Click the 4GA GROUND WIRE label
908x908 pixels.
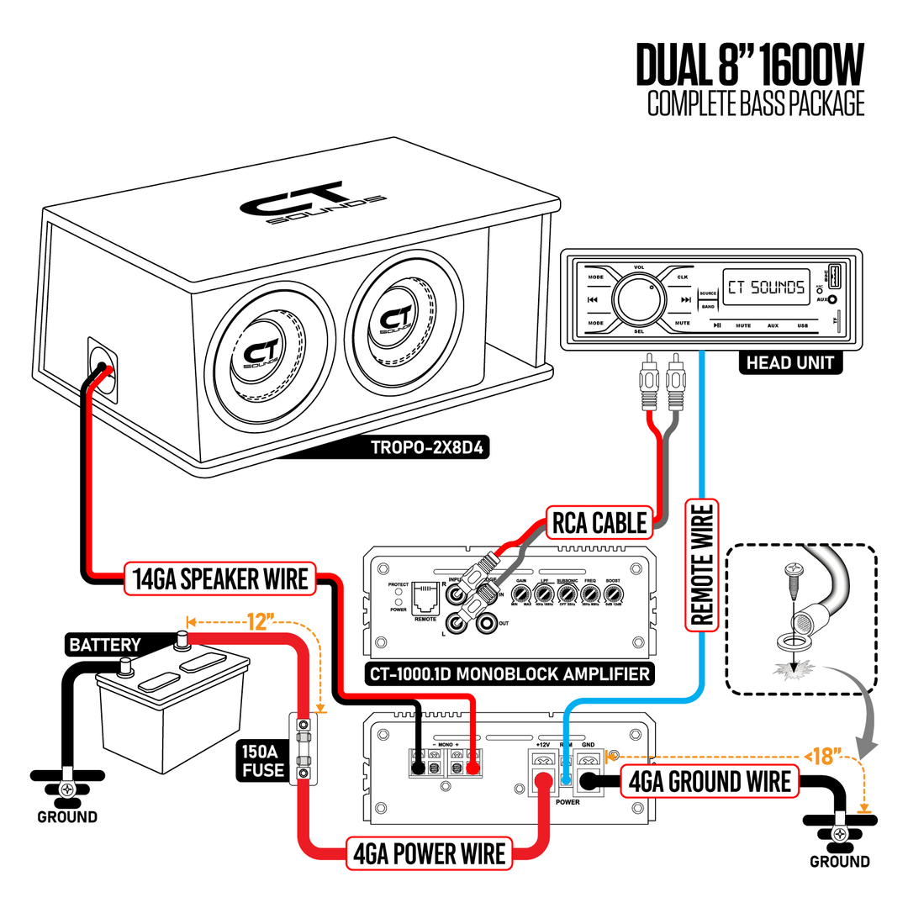709,782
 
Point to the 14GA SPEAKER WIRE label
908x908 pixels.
220,579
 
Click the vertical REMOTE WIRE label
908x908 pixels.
701,564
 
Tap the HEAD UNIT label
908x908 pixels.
789,362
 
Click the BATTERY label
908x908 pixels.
105,645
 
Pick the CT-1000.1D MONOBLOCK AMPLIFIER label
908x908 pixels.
509,673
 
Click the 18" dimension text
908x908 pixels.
826,756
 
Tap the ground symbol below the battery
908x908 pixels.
67,789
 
